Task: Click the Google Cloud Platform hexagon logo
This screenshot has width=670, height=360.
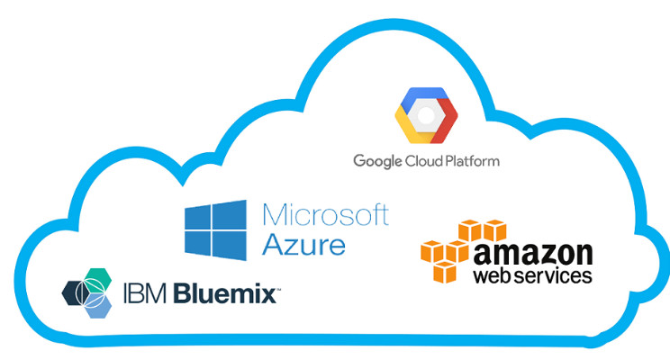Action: (x=426, y=115)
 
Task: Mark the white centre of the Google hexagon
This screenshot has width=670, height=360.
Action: (x=426, y=115)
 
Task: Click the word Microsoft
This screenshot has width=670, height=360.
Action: (x=325, y=215)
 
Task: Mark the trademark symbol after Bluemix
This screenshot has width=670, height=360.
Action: (x=277, y=288)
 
